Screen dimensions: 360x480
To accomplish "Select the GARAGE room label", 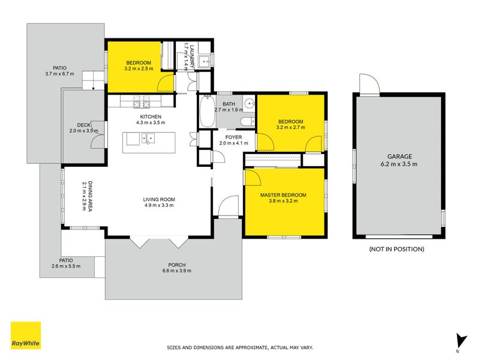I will point(399,156).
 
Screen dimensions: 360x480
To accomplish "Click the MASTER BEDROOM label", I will point(283,195).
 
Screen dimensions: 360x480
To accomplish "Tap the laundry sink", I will point(205,60).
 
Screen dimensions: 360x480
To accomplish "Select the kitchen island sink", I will point(148,139).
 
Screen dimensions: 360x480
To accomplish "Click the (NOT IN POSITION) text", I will point(397,248).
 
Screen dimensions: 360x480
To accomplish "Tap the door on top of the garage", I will point(367,85).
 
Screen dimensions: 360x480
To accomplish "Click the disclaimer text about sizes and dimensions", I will point(239,347).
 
